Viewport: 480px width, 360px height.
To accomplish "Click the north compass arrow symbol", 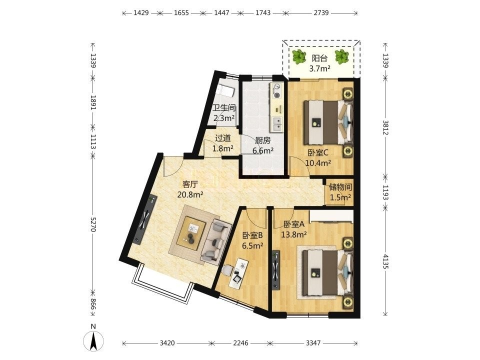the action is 93,340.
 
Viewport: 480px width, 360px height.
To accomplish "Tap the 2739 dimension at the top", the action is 321,13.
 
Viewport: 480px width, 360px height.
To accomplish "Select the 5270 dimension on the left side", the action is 93,224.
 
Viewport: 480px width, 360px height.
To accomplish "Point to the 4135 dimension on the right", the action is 385,261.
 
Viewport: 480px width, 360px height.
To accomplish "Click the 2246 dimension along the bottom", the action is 240,343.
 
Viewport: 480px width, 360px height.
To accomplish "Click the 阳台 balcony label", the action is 319,58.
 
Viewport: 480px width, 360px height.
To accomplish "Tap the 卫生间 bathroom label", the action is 224,108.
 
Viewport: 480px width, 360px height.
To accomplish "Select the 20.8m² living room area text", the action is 190,194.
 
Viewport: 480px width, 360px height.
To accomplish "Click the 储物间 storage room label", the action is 340,186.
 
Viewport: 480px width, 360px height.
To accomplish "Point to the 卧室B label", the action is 253,235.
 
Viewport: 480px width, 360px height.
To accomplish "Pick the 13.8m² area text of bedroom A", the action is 294,234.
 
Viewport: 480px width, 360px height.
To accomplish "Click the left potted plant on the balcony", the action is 299,57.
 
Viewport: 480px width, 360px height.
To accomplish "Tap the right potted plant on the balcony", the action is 341,57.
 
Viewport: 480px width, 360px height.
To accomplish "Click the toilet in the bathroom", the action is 226,90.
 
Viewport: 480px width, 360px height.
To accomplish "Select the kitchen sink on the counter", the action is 277,123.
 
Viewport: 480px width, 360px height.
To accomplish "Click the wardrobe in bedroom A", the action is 331,216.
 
